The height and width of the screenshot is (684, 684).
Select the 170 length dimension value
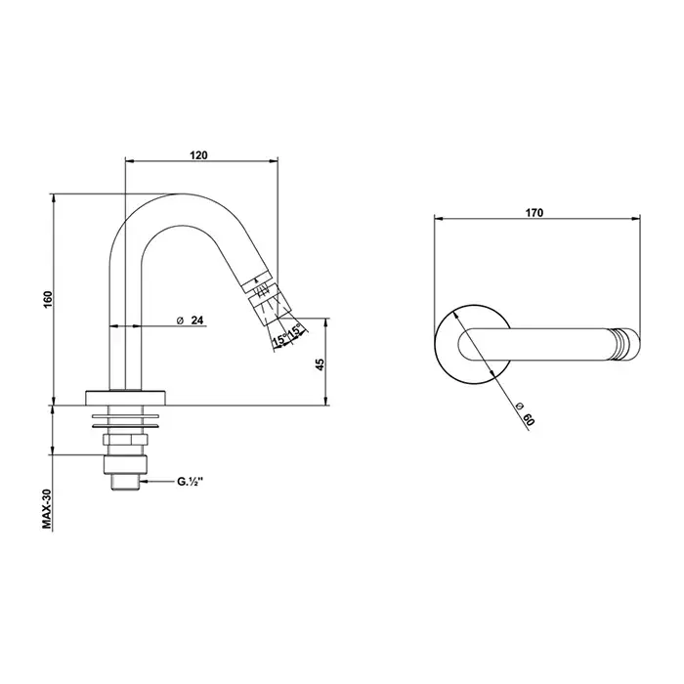point(534,212)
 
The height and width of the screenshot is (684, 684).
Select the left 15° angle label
point(279,339)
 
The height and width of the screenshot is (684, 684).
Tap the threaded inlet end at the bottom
point(126,480)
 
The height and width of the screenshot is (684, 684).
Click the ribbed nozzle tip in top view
point(628,344)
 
